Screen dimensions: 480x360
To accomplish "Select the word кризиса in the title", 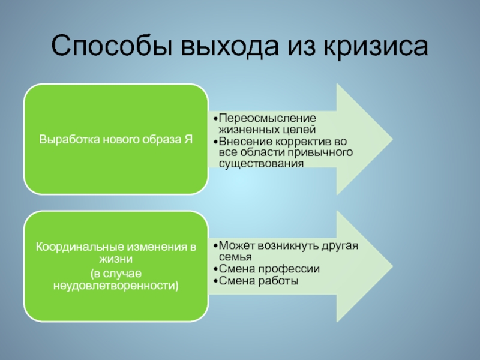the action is pos(377,46).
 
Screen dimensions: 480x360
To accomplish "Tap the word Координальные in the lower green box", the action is pos(73,247).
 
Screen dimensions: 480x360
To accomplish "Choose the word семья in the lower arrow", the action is pos(231,257).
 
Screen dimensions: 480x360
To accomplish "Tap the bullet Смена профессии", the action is pos(268,269).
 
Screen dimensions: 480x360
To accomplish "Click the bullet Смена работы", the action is pos(258,280).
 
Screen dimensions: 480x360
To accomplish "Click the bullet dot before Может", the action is pos(214,247).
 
